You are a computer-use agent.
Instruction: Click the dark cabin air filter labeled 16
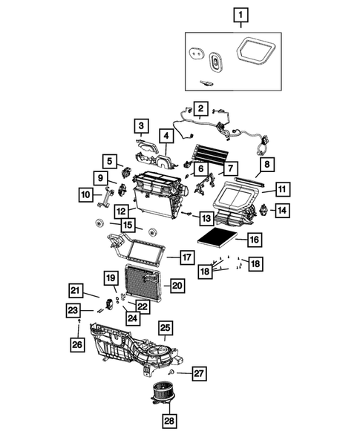click(x=218, y=240)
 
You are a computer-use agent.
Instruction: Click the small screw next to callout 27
click(x=172, y=370)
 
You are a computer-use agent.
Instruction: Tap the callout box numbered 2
click(x=200, y=108)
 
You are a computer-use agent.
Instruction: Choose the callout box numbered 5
click(x=110, y=160)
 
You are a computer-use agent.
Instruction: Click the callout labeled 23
click(x=73, y=310)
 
